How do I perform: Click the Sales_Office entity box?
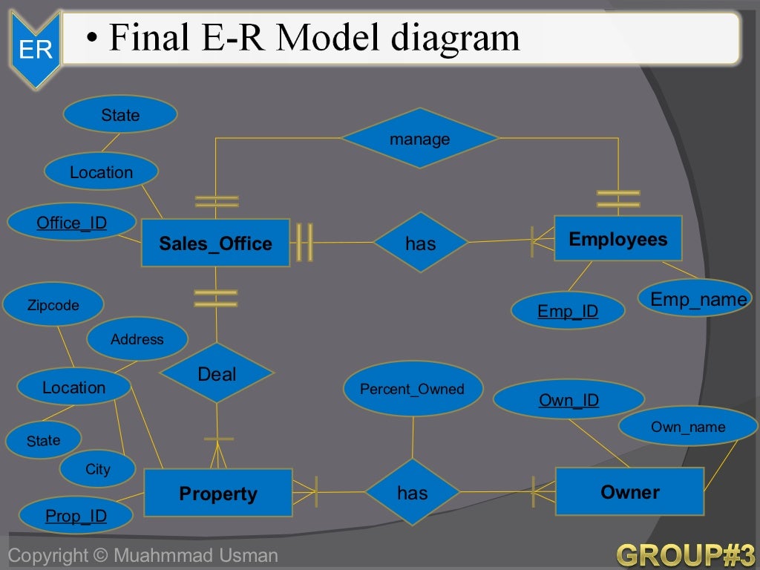(x=215, y=243)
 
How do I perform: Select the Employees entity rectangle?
(x=617, y=238)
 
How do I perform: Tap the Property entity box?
(x=217, y=493)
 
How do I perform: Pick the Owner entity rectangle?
(x=629, y=491)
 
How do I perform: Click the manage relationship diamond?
(x=419, y=139)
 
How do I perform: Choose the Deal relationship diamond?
(x=217, y=373)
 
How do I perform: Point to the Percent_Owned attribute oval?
(x=412, y=389)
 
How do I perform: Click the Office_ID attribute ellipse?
(x=71, y=223)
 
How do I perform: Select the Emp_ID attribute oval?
(x=568, y=311)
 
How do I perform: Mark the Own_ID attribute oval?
(x=569, y=400)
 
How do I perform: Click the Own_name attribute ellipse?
(x=688, y=427)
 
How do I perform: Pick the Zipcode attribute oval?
(x=53, y=304)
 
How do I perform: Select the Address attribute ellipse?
(x=137, y=339)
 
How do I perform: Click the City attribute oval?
(x=97, y=469)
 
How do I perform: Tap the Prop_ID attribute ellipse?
(x=76, y=516)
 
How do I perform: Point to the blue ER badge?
(x=35, y=50)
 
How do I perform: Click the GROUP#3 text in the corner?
(x=685, y=554)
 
